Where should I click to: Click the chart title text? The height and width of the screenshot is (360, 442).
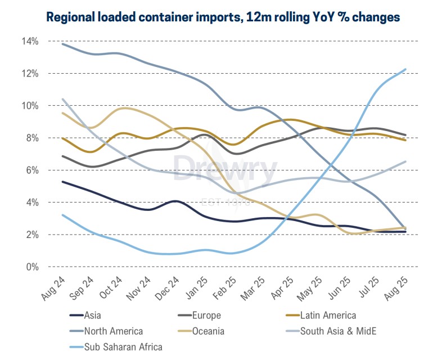[x=223, y=17]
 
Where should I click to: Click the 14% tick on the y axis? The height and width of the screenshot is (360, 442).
[x=30, y=42]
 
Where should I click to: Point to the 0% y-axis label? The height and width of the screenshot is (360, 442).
[x=32, y=267]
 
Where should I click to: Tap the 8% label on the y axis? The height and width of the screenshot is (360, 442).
[x=32, y=138]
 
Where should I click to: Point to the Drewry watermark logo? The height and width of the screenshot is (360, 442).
[x=225, y=169]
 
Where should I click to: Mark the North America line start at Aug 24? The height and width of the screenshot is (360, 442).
[x=62, y=44]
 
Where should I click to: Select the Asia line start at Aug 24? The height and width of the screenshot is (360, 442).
[x=62, y=182]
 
